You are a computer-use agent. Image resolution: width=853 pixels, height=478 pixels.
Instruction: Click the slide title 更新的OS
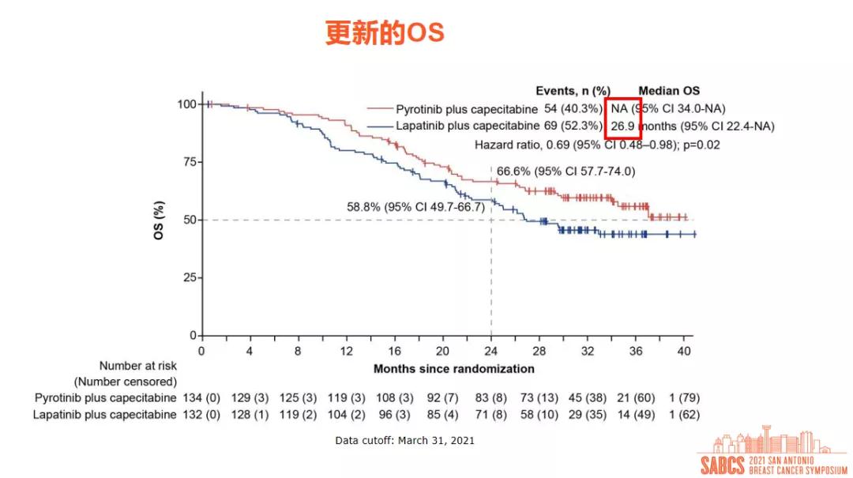click(385, 32)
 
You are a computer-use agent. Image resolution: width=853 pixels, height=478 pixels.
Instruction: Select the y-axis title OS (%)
click(160, 220)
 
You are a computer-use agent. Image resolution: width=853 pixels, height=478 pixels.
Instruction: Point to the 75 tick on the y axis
click(187, 162)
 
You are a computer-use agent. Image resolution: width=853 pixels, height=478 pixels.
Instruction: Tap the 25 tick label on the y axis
click(187, 277)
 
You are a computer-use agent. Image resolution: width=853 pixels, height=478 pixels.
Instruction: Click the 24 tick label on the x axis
click(491, 350)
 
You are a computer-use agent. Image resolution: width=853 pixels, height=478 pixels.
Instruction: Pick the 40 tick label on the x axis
click(685, 350)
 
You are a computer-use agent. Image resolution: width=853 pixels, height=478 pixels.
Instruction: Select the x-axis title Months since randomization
click(453, 368)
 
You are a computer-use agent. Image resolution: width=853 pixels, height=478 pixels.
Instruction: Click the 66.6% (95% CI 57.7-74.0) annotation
click(566, 171)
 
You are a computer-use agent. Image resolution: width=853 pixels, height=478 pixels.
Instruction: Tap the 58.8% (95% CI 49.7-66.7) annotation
click(416, 207)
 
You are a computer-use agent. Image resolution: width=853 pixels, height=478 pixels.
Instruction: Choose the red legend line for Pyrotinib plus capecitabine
click(379, 109)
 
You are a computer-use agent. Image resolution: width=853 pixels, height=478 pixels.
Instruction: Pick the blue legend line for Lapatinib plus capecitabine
click(379, 126)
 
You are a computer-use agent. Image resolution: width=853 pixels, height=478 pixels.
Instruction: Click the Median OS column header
click(669, 91)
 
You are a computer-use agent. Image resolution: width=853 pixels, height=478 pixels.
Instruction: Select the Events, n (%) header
click(573, 91)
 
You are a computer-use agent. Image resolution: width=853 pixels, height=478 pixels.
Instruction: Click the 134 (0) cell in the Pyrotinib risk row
click(202, 397)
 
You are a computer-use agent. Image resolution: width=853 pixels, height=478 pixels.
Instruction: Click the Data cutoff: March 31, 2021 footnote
click(404, 440)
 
